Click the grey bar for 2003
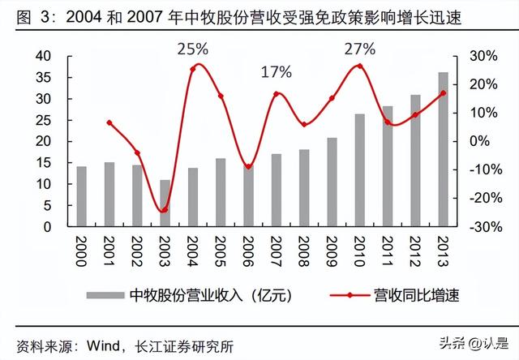point(165,203)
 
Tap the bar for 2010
point(359,170)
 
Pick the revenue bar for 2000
point(81,196)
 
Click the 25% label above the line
point(193,49)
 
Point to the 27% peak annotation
point(360,48)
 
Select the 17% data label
point(276,72)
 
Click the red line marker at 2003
point(165,210)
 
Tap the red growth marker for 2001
point(109,122)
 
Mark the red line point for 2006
point(248,167)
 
